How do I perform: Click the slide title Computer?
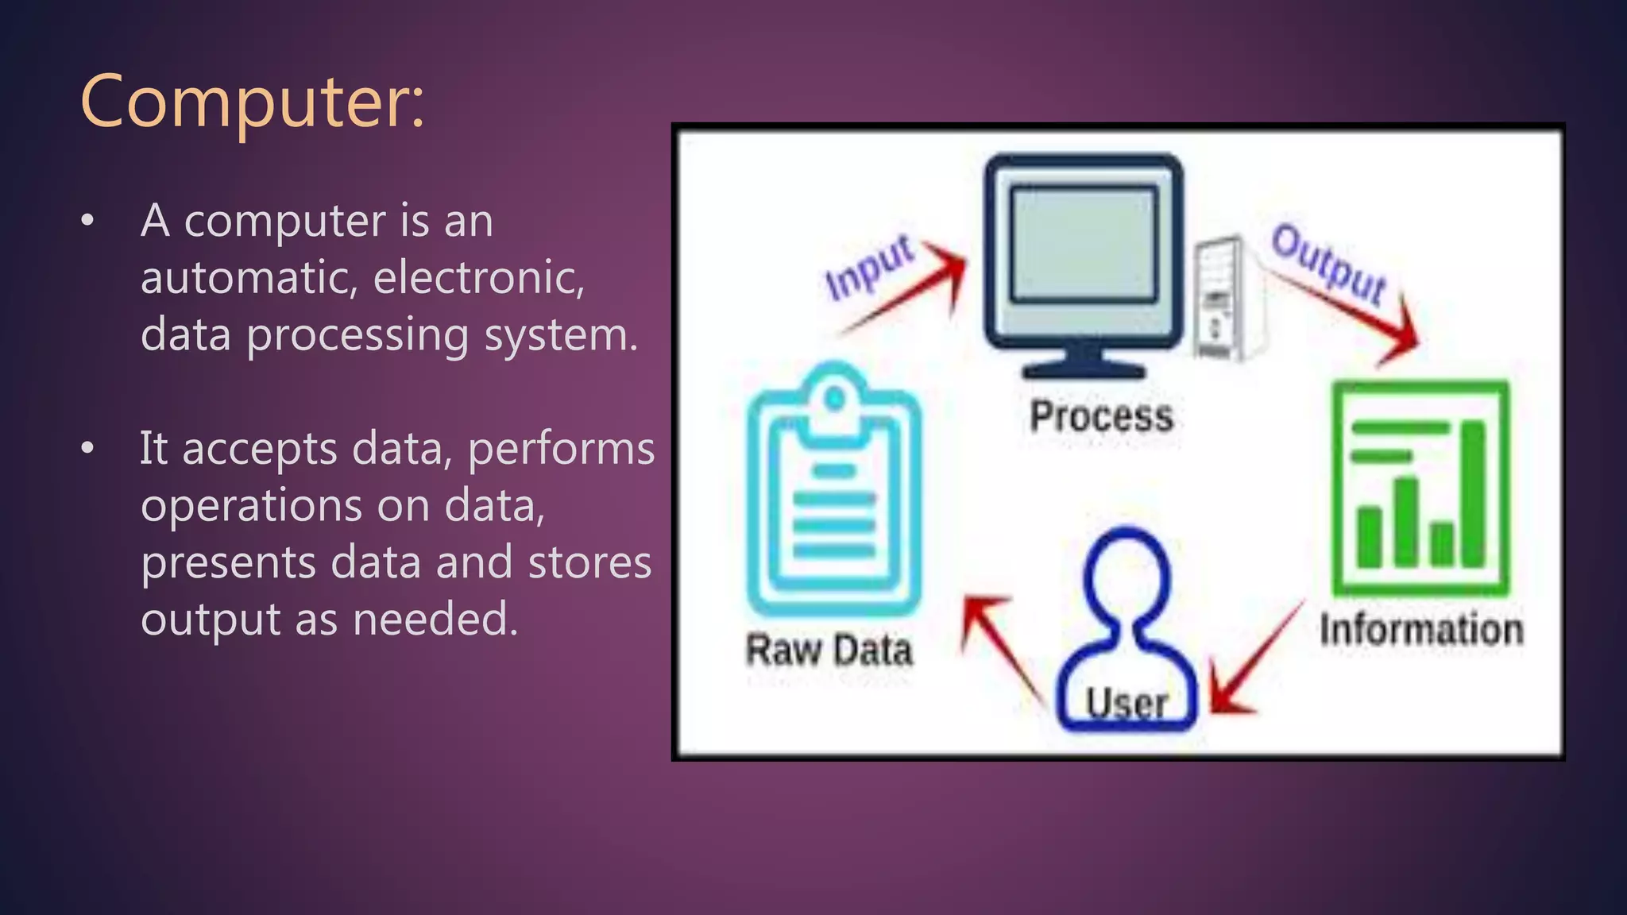pos(253,102)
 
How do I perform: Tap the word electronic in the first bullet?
pos(479,278)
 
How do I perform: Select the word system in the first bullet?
pos(561,335)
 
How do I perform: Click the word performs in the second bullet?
pos(561,450)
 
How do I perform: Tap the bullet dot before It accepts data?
pos(87,449)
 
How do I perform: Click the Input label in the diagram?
pos(869,268)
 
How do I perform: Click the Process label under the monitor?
pos(1101,416)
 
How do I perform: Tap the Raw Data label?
pos(829,651)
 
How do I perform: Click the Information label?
pos(1421,629)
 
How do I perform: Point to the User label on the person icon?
pos(1127,704)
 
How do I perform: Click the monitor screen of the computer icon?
pos(1084,245)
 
